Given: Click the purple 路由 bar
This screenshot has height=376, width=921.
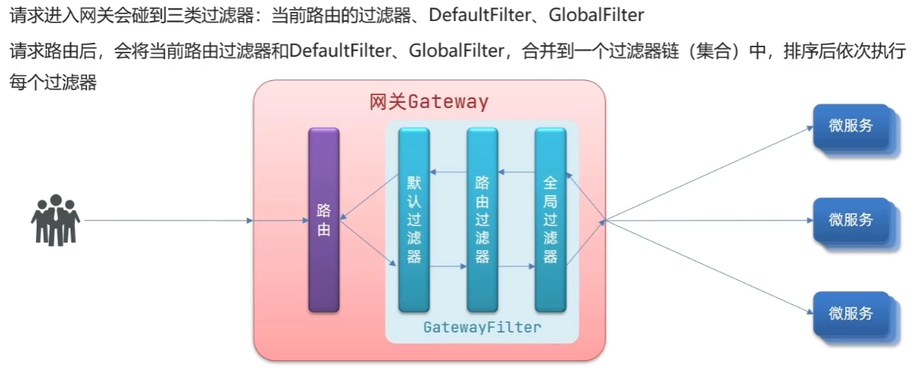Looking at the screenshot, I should click(324, 219).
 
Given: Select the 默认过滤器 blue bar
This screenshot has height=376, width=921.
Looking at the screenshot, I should click(414, 219).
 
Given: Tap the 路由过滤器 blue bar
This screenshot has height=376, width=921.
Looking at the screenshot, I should click(482, 219).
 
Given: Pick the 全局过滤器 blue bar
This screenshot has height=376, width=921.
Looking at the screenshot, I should click(550, 219).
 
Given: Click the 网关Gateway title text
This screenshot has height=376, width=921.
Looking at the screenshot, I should click(429, 101).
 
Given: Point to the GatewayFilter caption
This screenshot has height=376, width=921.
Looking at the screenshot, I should click(482, 327).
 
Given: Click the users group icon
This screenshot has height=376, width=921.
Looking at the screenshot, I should click(55, 220).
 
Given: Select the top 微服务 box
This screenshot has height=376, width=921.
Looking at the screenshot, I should click(852, 126).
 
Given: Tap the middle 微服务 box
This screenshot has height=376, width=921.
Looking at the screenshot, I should click(852, 220).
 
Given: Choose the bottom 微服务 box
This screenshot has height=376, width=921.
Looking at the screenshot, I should click(852, 314).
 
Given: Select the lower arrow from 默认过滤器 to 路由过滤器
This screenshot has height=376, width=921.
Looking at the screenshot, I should click(448, 266).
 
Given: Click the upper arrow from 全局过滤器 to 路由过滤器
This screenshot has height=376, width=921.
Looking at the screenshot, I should click(516, 173).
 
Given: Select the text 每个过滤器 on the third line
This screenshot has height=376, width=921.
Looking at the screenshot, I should click(53, 83).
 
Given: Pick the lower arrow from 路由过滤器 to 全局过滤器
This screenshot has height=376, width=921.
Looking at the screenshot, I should click(516, 266).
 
